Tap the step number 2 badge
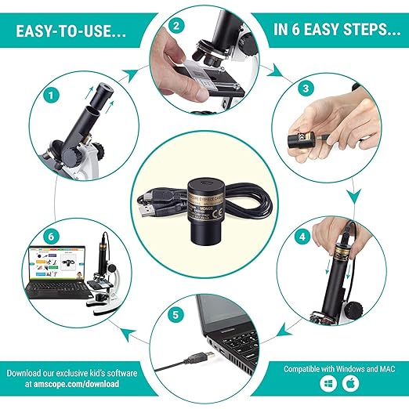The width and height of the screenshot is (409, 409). click(x=177, y=27)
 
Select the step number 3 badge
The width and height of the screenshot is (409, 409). click(x=306, y=89)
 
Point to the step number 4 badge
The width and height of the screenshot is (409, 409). click(x=302, y=235)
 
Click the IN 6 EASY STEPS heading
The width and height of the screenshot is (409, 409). click(x=334, y=31)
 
